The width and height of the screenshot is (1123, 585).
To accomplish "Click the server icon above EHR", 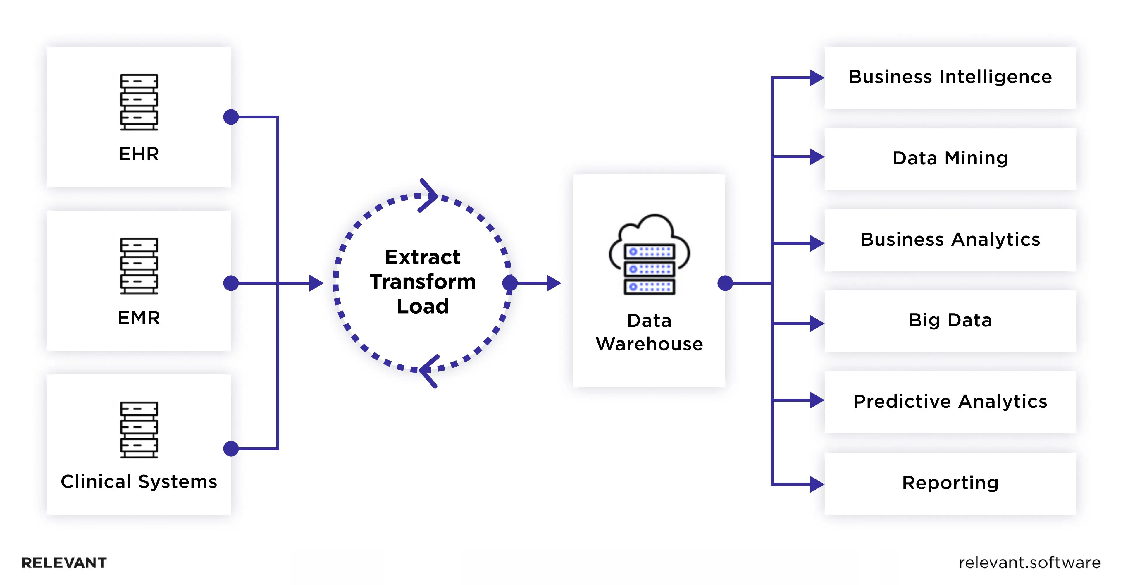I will [x=139, y=102].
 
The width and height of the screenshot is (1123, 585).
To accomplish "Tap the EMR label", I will [x=139, y=318].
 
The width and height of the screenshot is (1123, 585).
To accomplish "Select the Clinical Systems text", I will [x=139, y=482].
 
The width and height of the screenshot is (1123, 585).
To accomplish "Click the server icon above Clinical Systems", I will [x=139, y=429].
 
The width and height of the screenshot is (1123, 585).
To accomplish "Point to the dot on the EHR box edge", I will [x=231, y=117].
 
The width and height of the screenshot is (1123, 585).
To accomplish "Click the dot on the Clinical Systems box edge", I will [x=231, y=449].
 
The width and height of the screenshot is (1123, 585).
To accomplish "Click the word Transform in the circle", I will [x=422, y=282].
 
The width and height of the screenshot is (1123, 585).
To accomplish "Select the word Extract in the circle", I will [x=422, y=257].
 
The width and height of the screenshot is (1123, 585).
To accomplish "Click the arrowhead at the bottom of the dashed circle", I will [x=428, y=371].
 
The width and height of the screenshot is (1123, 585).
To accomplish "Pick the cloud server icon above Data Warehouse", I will [x=649, y=255].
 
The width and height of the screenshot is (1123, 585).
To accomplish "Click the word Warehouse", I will [x=649, y=344].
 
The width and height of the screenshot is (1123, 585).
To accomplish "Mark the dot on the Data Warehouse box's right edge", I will [x=725, y=283].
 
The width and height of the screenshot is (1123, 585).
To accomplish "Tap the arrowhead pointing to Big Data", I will [x=817, y=324].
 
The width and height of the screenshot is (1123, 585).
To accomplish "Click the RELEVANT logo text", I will [x=64, y=563].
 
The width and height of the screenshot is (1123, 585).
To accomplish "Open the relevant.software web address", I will [x=1029, y=563].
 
